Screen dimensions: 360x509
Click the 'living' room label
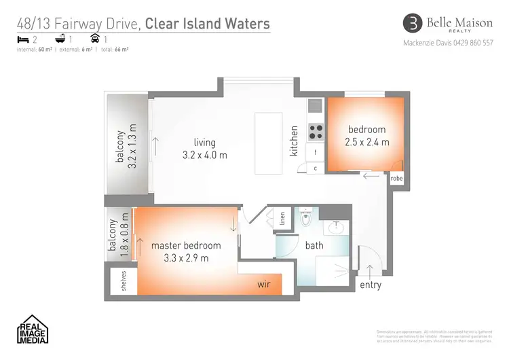(204, 143)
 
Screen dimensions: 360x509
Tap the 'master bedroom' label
(185, 245)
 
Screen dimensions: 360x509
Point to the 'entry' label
(371, 285)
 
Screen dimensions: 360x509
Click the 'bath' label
(314, 245)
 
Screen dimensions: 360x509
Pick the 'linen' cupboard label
(283, 219)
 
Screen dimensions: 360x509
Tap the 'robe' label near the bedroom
(396, 179)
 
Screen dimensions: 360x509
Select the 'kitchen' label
(295, 141)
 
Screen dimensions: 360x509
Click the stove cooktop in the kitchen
(316, 130)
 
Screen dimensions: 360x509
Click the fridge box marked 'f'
(316, 153)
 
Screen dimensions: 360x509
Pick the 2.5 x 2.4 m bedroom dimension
(366, 142)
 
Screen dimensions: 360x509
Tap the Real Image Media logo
(32, 329)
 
